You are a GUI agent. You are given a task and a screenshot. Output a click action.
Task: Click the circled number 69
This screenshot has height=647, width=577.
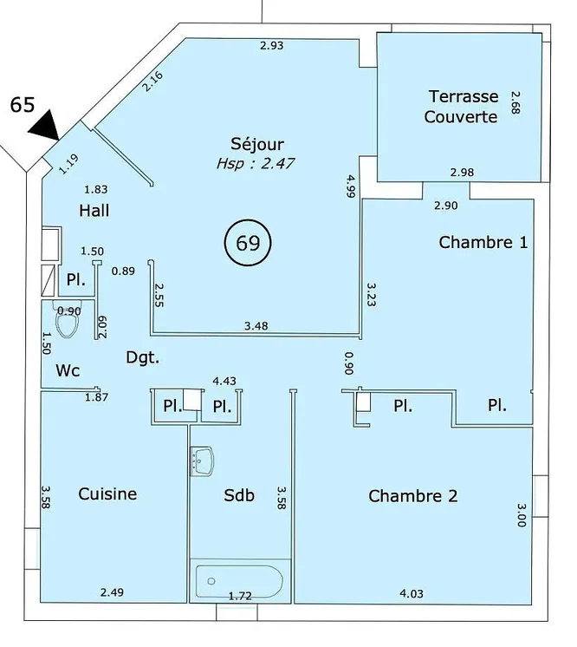(248, 243)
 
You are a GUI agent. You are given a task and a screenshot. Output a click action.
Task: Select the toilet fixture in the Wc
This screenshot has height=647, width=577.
(68, 319)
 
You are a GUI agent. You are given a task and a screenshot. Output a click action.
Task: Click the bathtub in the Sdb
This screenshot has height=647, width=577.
(239, 581)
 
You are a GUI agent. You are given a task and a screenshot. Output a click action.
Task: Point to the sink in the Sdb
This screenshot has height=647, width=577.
(202, 461)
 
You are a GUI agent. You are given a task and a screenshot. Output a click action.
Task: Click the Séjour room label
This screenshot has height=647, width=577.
(257, 144)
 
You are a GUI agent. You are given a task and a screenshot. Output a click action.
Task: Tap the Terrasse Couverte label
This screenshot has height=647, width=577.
(461, 107)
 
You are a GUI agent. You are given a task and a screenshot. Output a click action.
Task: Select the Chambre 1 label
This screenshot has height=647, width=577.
(483, 242)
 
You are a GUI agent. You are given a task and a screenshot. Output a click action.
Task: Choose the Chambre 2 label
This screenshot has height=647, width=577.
(413, 496)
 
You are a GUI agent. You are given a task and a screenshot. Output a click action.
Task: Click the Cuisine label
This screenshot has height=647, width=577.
(107, 493)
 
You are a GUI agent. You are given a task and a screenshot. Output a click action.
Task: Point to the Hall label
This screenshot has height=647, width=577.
(94, 211)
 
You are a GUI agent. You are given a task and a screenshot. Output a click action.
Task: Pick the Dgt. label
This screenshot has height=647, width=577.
(143, 357)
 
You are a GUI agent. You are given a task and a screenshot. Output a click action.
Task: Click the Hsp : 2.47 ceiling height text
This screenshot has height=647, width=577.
(256, 164)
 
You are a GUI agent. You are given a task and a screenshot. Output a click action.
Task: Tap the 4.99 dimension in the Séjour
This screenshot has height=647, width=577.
(351, 186)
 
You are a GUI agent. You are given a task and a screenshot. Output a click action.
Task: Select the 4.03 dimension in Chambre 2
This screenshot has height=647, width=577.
(412, 593)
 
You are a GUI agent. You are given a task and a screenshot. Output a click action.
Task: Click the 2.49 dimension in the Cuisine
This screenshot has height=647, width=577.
(112, 592)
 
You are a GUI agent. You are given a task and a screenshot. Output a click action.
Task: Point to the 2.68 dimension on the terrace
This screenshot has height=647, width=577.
(515, 102)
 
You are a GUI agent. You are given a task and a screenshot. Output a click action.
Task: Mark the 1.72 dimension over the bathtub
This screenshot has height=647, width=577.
(240, 596)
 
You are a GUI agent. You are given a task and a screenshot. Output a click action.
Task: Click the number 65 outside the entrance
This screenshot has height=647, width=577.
(23, 105)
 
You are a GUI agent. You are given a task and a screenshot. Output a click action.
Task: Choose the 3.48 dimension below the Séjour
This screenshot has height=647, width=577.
(256, 326)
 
